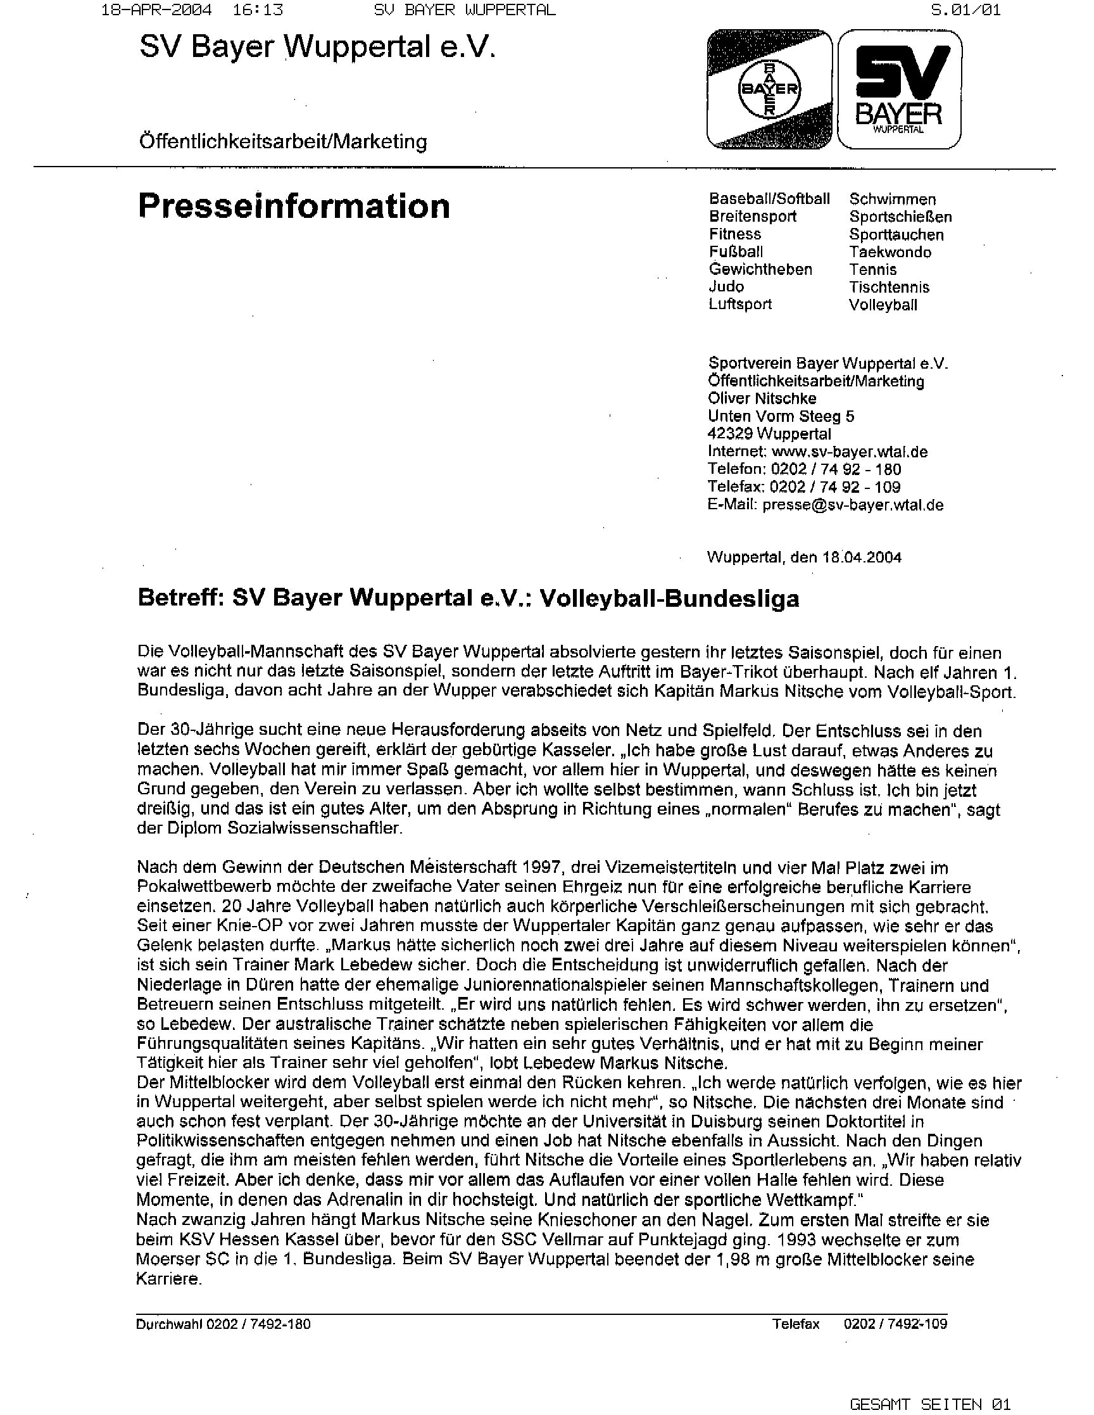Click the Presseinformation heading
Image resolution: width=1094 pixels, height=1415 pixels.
click(x=293, y=206)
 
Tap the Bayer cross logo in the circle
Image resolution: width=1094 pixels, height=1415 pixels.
click(x=769, y=89)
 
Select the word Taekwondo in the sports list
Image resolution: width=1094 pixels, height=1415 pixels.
click(x=890, y=252)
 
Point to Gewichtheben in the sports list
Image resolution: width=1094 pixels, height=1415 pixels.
click(x=760, y=270)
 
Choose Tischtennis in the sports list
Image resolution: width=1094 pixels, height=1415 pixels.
click(x=889, y=287)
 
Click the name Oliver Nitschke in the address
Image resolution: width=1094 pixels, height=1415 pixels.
click(x=762, y=398)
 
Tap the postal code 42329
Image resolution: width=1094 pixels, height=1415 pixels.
click(x=730, y=433)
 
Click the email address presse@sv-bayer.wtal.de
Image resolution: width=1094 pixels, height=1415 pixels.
click(x=852, y=505)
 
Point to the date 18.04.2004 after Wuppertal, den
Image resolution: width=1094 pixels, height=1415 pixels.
click(x=862, y=557)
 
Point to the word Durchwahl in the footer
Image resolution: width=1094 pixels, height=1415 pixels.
click(x=169, y=1324)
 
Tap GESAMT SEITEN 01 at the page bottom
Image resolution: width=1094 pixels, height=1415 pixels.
click(x=929, y=1404)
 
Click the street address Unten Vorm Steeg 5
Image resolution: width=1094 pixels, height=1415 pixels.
click(x=781, y=416)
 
